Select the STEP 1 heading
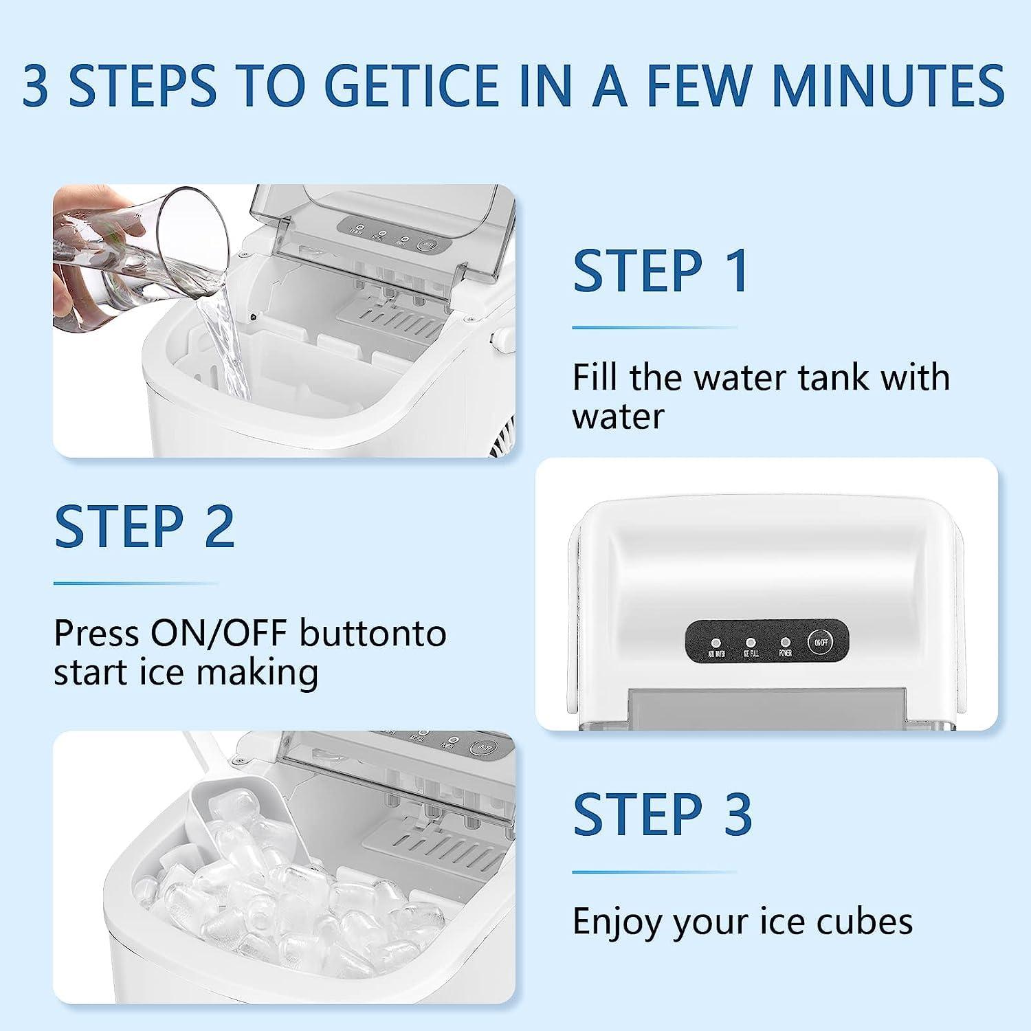(x=661, y=271)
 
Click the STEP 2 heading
(x=144, y=526)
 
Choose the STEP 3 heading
(x=663, y=814)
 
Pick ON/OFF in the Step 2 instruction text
(x=220, y=633)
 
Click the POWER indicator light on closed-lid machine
(x=785, y=643)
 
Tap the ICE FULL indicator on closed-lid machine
(x=751, y=643)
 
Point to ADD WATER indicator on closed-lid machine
(x=716, y=643)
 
